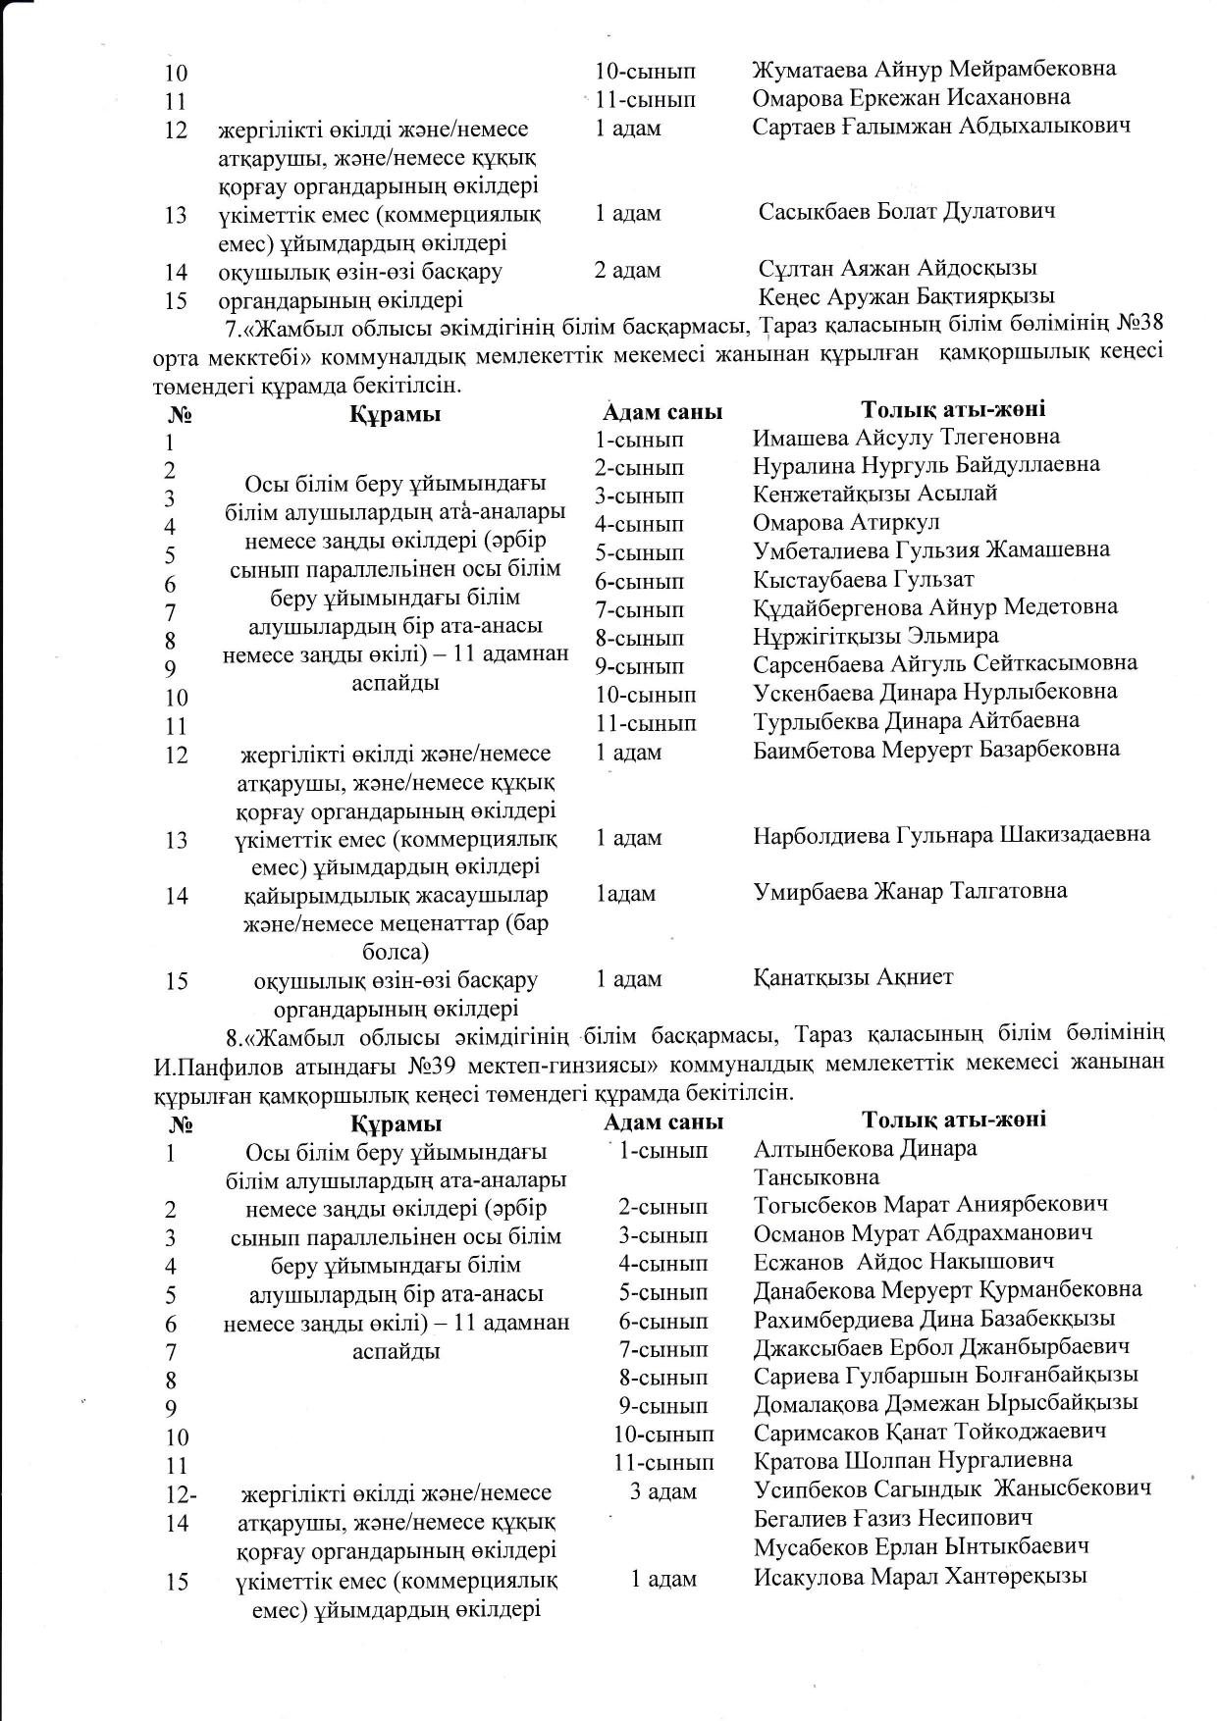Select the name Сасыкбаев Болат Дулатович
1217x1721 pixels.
907,211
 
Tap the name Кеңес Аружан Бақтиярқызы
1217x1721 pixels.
906,296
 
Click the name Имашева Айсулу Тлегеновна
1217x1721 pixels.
906,437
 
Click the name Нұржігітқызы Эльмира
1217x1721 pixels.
875,636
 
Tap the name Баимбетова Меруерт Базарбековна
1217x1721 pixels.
936,749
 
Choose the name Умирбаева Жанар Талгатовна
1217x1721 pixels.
909,891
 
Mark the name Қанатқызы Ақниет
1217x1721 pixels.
853,976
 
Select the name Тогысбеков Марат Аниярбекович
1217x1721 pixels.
930,1204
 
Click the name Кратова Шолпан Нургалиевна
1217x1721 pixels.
913,1460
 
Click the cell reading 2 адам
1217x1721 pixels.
627,269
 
